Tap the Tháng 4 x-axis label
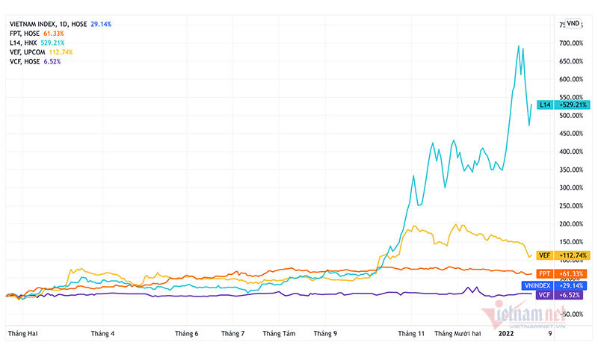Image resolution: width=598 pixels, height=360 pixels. point(102,335)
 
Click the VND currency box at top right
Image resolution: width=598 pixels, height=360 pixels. point(573,23)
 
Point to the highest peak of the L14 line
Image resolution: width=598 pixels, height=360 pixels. point(519,46)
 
